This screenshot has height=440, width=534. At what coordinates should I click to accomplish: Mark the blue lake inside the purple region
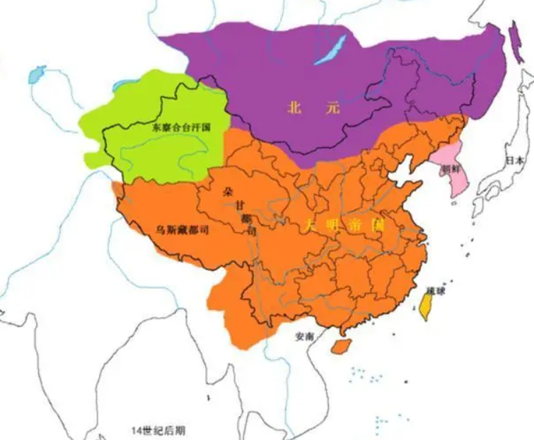[331, 50]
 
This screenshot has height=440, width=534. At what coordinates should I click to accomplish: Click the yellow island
[425, 306]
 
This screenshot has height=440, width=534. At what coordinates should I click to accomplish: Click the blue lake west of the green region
[37, 71]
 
